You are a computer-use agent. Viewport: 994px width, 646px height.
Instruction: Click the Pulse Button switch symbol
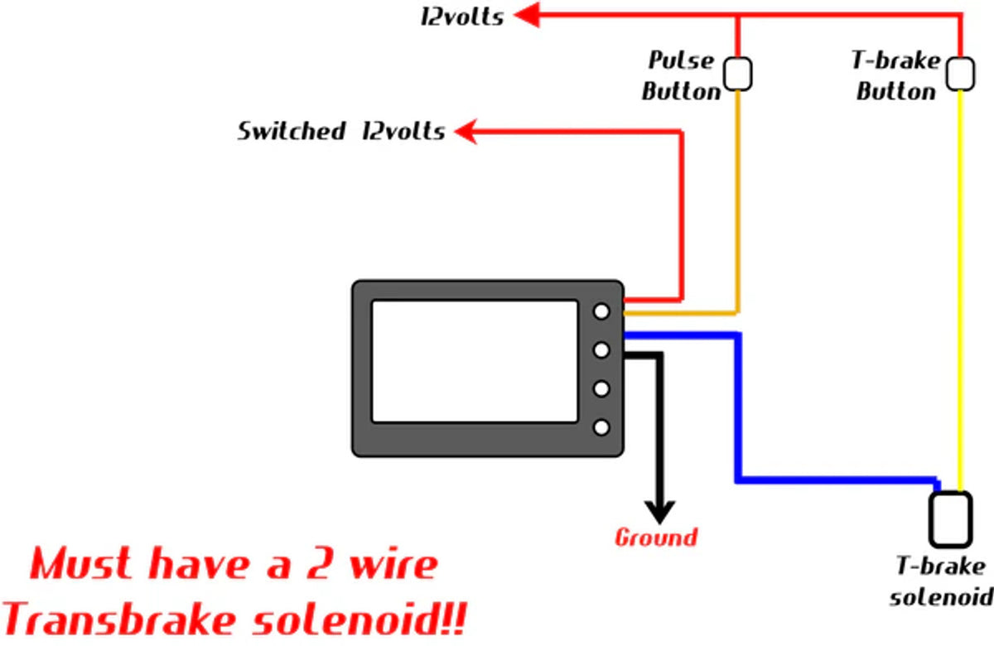738,74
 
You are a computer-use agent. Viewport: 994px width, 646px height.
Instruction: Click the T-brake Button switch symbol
961,73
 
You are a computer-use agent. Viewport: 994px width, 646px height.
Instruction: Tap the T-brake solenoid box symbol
950,519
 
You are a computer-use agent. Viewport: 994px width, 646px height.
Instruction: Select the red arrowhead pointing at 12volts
527,14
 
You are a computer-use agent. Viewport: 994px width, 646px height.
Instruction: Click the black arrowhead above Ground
659,510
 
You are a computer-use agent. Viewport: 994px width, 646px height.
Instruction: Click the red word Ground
656,538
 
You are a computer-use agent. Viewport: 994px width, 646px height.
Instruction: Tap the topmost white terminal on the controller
602,311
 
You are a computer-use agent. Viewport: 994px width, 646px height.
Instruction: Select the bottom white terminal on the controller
602,427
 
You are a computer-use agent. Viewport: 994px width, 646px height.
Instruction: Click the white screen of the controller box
474,360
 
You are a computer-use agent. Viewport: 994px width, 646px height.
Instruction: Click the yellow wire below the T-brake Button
961,290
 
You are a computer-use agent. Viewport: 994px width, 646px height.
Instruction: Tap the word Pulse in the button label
680,60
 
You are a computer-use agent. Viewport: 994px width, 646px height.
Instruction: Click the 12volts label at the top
462,17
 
